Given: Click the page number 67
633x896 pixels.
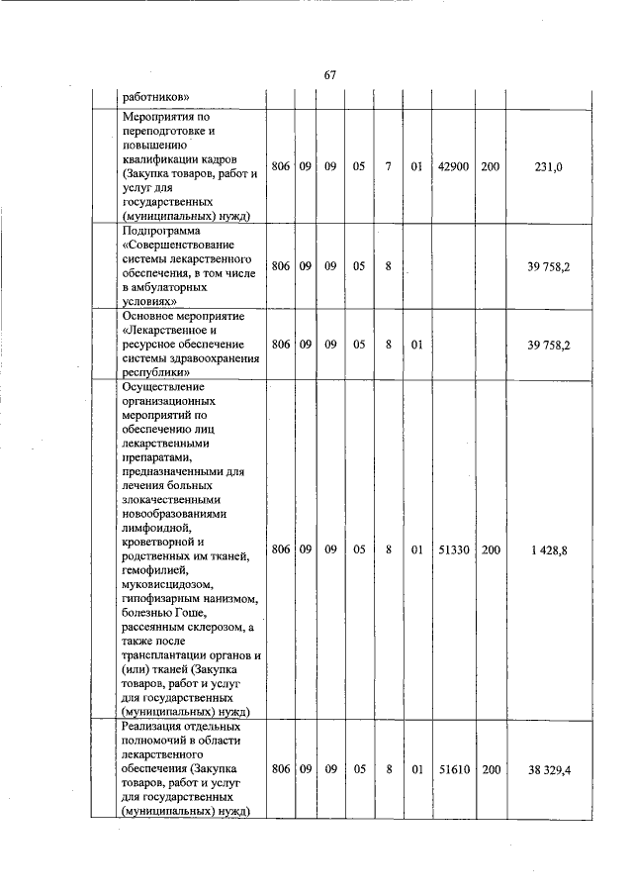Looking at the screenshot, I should click(x=330, y=75).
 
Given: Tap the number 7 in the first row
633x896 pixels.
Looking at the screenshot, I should click(x=390, y=168).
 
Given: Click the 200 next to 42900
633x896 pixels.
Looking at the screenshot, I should click(x=491, y=168).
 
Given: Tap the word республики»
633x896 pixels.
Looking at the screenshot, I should click(x=161, y=371).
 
